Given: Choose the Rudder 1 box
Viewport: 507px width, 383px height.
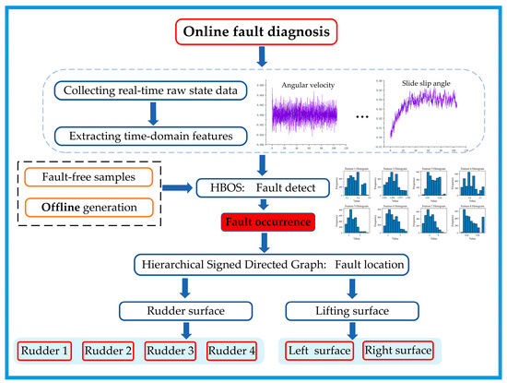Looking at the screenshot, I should [42, 351].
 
